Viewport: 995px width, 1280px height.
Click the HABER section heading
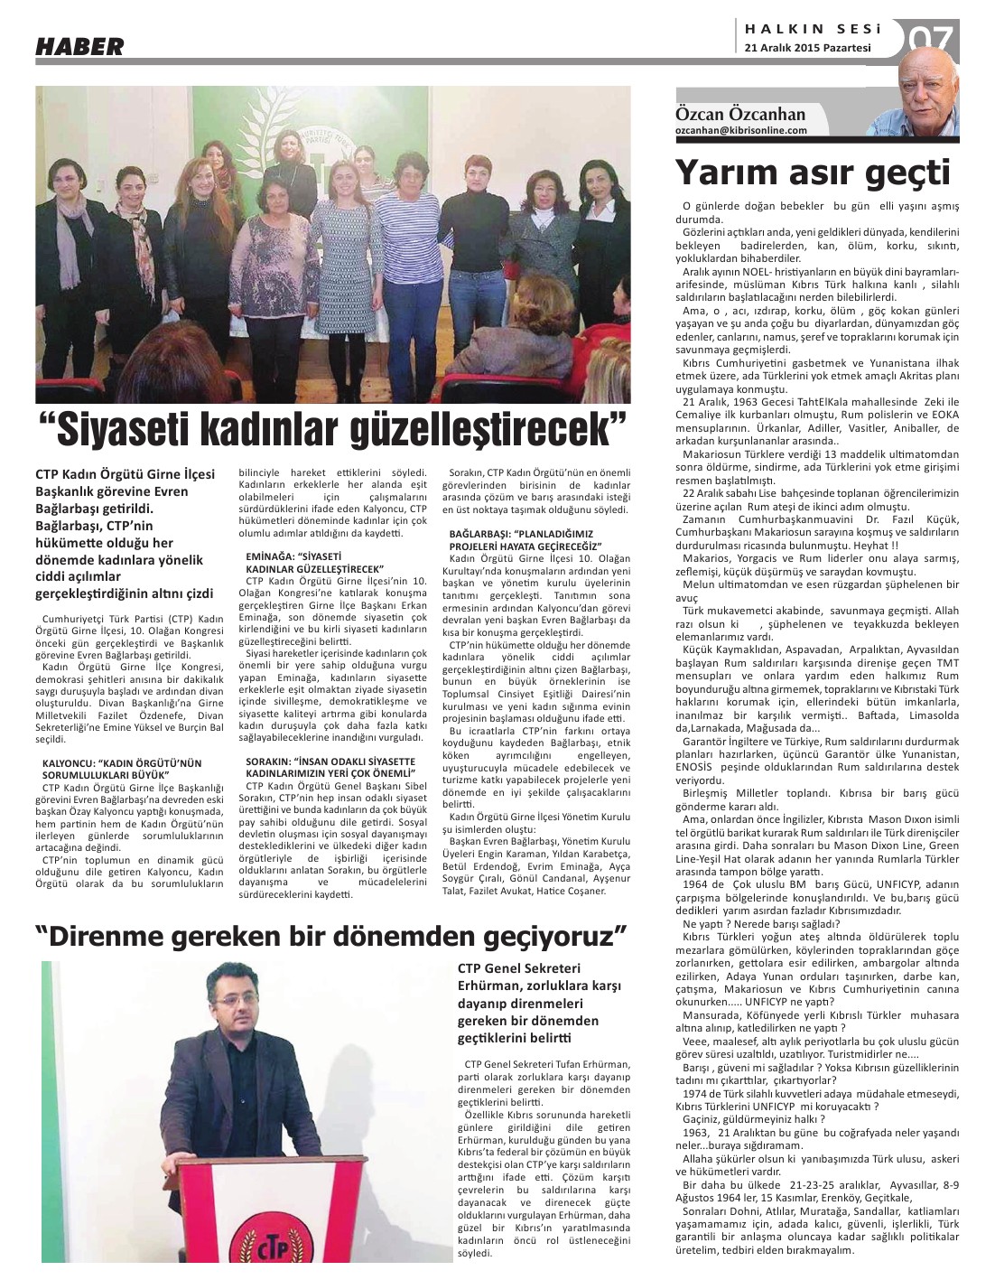pos(79,46)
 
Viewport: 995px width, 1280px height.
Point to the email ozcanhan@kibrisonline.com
pos(741,130)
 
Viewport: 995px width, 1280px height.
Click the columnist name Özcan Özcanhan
pos(740,115)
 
